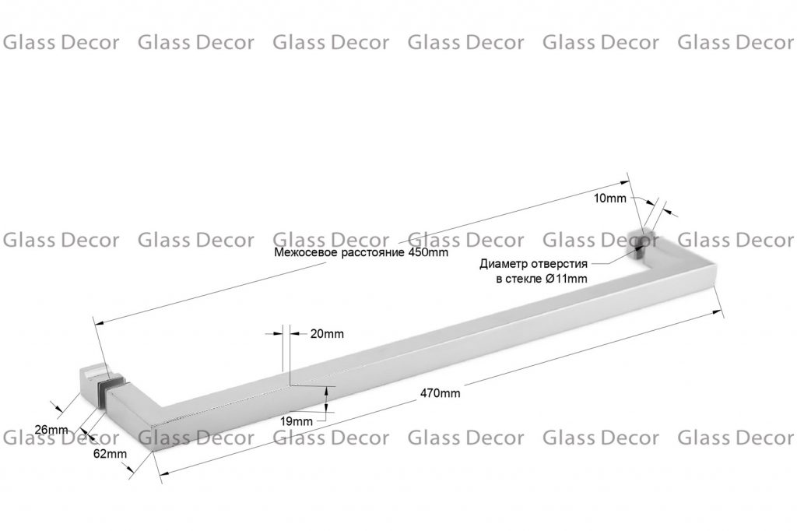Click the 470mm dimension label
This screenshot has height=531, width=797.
(441, 393)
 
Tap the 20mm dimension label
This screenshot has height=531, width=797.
(327, 334)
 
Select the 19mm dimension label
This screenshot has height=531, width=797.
(297, 421)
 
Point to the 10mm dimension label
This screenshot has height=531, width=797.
(610, 199)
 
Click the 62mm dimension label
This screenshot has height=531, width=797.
(110, 453)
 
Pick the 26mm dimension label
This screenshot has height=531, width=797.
(51, 430)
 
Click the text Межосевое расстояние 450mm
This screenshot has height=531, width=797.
(361, 252)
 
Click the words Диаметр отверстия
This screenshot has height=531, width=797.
(533, 263)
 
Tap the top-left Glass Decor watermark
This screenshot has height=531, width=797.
(61, 42)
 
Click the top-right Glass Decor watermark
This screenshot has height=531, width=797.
(736, 42)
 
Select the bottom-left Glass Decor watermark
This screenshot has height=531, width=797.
(61, 438)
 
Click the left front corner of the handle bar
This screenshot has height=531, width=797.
(153, 451)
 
